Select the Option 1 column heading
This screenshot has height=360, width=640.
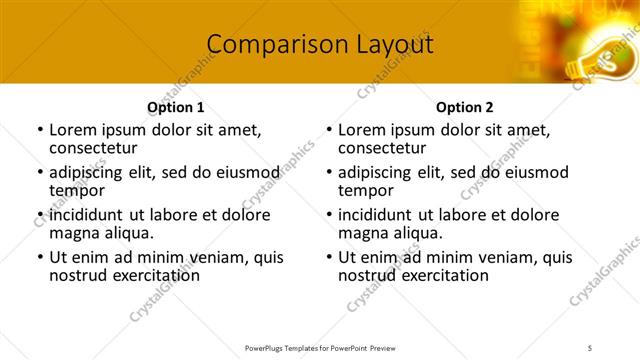click(176, 107)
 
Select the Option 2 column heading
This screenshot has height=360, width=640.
click(464, 107)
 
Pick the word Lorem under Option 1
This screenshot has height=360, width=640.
click(74, 130)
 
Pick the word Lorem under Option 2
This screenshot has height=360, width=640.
click(363, 130)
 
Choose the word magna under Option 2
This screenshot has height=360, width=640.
click(362, 233)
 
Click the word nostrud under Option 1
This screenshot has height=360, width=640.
click(78, 275)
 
